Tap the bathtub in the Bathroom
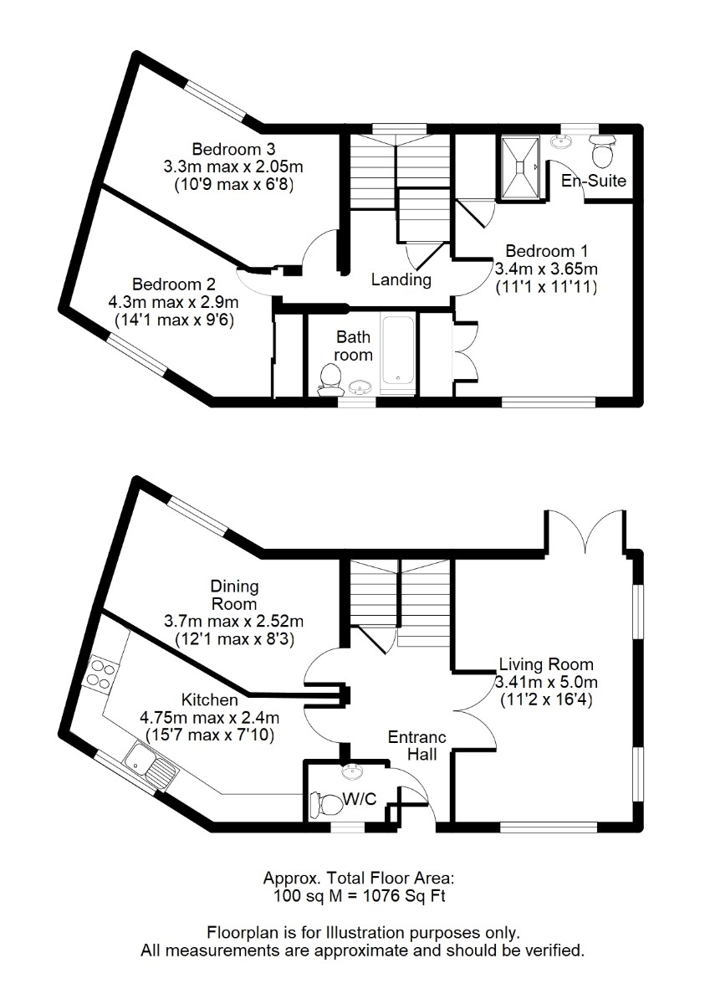pyautogui.click(x=398, y=350)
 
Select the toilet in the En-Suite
pyautogui.click(x=601, y=152)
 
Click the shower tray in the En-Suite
pyautogui.click(x=519, y=167)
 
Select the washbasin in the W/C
pyautogui.click(x=353, y=771)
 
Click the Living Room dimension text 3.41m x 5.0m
pyautogui.click(x=546, y=682)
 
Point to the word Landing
pyautogui.click(x=401, y=279)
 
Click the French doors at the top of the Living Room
pyautogui.click(x=585, y=531)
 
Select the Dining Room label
pyautogui.click(x=234, y=594)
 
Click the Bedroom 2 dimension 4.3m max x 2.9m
pyautogui.click(x=173, y=302)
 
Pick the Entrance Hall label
pyautogui.click(x=417, y=746)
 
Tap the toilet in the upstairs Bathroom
pyautogui.click(x=329, y=380)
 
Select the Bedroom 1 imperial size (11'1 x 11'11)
pyautogui.click(x=546, y=287)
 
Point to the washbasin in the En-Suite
pyautogui.click(x=562, y=141)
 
